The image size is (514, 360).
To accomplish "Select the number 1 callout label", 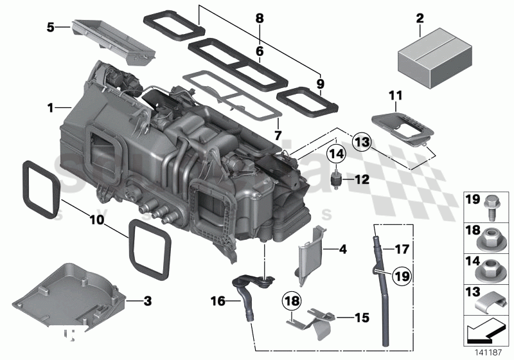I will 49,109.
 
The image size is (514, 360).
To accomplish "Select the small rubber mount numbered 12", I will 335,179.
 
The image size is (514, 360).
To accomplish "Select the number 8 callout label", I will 260,19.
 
